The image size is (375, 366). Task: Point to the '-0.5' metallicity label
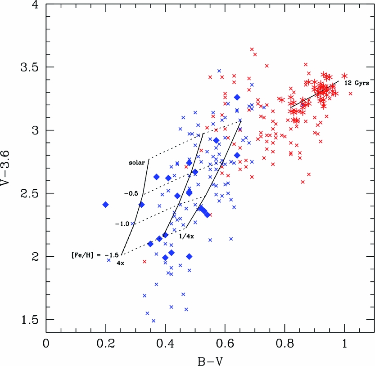(x=132, y=193)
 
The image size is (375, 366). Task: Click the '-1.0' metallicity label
(x=122, y=223)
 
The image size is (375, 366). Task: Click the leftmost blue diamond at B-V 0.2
(x=106, y=205)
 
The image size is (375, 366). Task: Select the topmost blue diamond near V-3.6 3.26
(x=237, y=97)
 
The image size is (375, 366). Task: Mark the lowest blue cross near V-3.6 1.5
(x=154, y=321)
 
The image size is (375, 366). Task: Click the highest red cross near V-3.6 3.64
(x=252, y=49)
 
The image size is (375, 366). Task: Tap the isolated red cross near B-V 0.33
(x=145, y=261)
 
